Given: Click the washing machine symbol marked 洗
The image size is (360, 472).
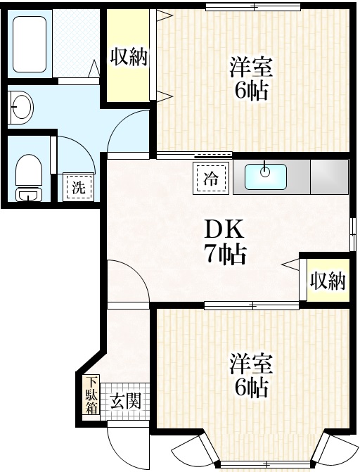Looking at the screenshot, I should coord(77,187).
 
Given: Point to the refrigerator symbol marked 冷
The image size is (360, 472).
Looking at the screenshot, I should coord(210,178).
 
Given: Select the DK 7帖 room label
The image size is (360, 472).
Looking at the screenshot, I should coord(225,241).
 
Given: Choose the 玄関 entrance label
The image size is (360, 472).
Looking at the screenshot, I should coord(127,402).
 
